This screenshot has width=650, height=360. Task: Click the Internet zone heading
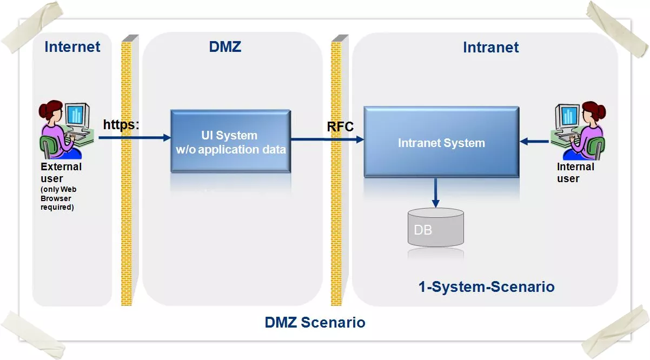point(72,46)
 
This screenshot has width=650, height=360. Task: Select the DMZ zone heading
point(225,46)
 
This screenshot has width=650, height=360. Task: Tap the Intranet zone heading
point(490,47)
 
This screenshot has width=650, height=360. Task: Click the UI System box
point(231,141)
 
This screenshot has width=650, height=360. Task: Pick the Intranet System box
point(441,142)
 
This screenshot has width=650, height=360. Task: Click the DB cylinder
point(435,228)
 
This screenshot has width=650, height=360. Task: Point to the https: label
point(121,125)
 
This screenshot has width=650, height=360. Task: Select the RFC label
point(340,126)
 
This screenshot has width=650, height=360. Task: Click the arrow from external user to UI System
point(135,137)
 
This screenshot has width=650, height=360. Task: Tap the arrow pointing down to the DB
point(435,192)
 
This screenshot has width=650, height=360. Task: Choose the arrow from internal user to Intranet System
point(534,142)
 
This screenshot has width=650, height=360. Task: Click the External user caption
point(61,172)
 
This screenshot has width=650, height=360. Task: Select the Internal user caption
point(575,172)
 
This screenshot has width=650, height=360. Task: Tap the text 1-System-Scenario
point(486,286)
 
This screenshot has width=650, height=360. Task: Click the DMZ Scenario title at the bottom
point(315,322)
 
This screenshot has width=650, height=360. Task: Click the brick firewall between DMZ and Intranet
point(339,170)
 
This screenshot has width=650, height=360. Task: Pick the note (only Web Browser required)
point(58,198)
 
